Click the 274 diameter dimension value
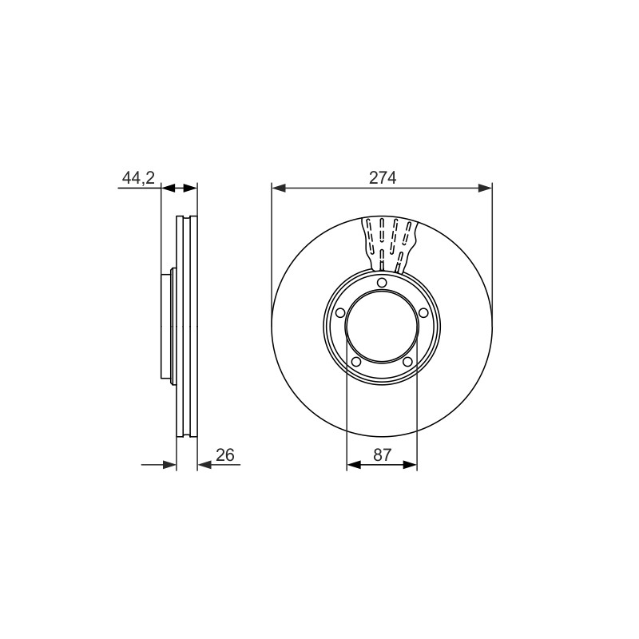click(383, 177)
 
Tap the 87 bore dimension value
click(382, 454)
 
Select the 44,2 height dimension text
click(138, 178)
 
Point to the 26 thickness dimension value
click(225, 454)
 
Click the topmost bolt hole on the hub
click(382, 283)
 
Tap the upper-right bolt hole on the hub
click(423, 313)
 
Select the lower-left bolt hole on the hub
click(355, 362)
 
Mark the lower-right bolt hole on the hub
click(407, 362)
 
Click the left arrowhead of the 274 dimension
click(278, 188)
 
